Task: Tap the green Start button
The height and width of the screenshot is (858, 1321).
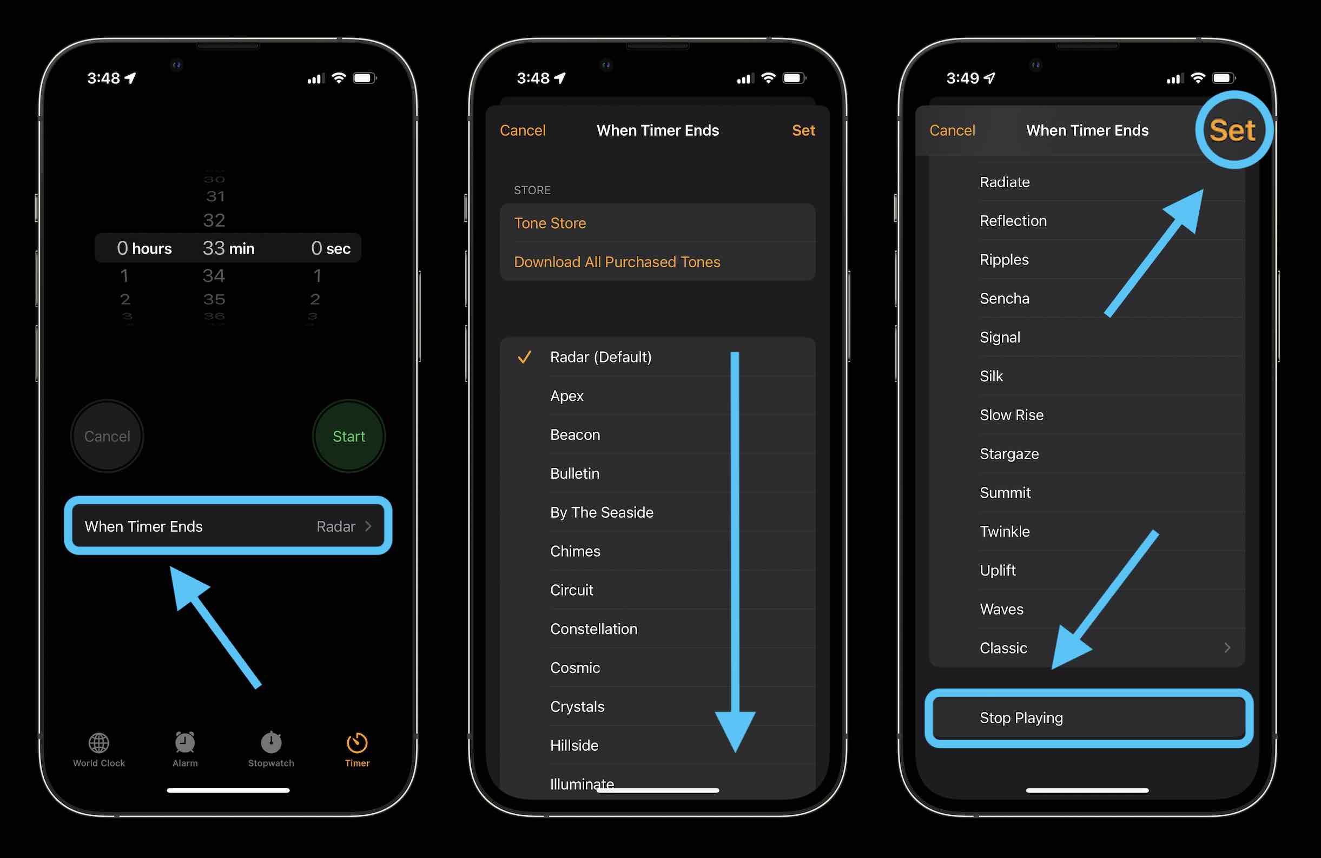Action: point(348,436)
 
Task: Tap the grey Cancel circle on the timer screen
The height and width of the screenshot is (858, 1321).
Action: point(107,436)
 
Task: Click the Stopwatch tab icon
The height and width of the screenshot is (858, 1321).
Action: point(271,743)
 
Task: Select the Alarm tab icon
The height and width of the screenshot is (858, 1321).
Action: point(185,743)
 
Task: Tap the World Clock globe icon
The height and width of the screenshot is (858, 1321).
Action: point(99,743)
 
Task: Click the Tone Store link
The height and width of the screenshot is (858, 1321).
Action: point(550,223)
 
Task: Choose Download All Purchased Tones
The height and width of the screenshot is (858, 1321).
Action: point(617,262)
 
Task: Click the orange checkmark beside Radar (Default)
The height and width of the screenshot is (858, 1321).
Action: point(524,357)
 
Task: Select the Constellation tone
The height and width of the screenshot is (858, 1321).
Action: point(593,629)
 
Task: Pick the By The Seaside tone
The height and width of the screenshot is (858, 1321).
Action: point(601,512)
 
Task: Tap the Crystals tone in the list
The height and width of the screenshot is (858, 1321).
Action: point(577,707)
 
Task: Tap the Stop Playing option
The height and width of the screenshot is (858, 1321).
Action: point(1021,717)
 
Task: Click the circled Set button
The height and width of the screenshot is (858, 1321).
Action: point(1232,130)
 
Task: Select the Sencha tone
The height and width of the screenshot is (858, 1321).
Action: point(1004,299)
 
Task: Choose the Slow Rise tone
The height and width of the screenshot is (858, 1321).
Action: point(1011,415)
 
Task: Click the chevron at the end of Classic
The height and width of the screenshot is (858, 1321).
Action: point(1227,648)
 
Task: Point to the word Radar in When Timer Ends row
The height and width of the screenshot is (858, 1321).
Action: point(335,526)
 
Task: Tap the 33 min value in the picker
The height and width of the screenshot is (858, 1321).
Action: point(228,248)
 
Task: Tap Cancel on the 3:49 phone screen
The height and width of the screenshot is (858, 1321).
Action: point(952,130)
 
